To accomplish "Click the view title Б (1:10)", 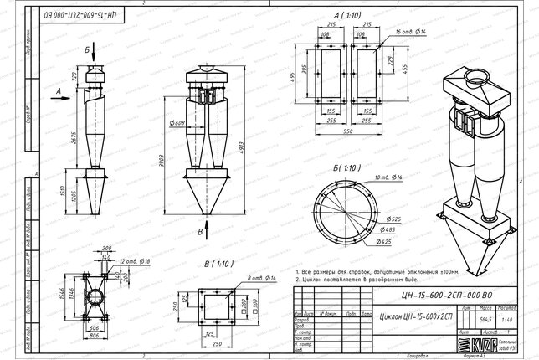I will pos(346,168).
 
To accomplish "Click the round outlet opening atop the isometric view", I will pos(475,80).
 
